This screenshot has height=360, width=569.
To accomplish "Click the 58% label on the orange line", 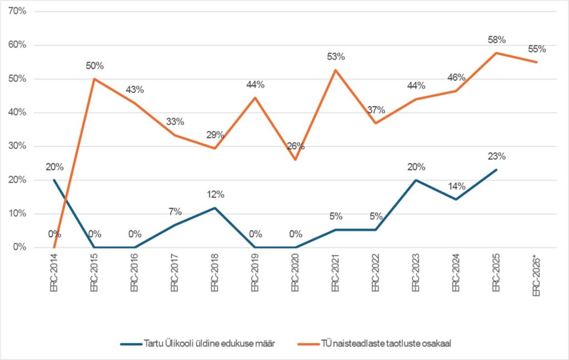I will pyautogui.click(x=497, y=40).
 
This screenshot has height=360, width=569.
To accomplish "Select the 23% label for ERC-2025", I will pyautogui.click(x=497, y=156).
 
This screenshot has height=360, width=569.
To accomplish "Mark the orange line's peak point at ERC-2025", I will pyautogui.click(x=497, y=53).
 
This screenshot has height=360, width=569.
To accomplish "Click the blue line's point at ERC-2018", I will pyautogui.click(x=215, y=208).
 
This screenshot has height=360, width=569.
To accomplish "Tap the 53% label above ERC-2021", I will pyautogui.click(x=336, y=57).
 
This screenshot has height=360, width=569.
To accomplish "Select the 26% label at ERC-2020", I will pyautogui.click(x=296, y=147).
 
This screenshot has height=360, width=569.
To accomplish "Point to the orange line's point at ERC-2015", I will pyautogui.click(x=94, y=79).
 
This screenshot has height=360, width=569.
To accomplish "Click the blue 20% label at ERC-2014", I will pyautogui.click(x=54, y=167).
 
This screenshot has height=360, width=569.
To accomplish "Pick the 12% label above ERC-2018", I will pyautogui.click(x=215, y=194).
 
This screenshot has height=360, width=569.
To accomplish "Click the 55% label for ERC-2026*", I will pyautogui.click(x=537, y=49).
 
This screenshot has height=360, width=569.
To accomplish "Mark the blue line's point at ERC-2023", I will pyautogui.click(x=416, y=180).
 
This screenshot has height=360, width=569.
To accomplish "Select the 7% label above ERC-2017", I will pyautogui.click(x=175, y=212).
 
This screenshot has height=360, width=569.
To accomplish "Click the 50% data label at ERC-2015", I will pyautogui.click(x=94, y=66).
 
